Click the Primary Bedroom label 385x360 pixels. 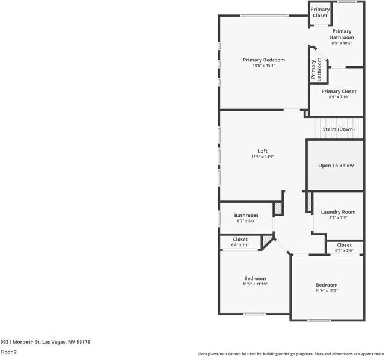tap(263, 60)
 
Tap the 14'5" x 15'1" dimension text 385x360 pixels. tap(263, 66)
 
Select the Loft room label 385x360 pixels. tap(263, 151)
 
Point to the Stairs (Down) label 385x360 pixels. tap(339, 129)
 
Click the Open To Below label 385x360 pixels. tap(336, 166)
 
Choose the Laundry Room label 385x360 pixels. tap(338, 212)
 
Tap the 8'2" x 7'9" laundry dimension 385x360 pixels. tap(338, 217)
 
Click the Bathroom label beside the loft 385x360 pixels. tap(246, 216)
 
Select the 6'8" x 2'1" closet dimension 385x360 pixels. tap(240, 245)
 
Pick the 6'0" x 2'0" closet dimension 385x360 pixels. tap(344, 250)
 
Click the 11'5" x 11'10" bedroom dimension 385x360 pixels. tap(255, 284)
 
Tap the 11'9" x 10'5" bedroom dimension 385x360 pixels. tap(327, 290)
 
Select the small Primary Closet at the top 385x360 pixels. tap(320, 13)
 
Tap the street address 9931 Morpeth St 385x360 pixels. tap(45, 342)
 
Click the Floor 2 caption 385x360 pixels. tap(8, 352)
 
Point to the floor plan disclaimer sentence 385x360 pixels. tap(291, 354)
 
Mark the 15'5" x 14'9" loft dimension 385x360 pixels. tap(263, 157)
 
